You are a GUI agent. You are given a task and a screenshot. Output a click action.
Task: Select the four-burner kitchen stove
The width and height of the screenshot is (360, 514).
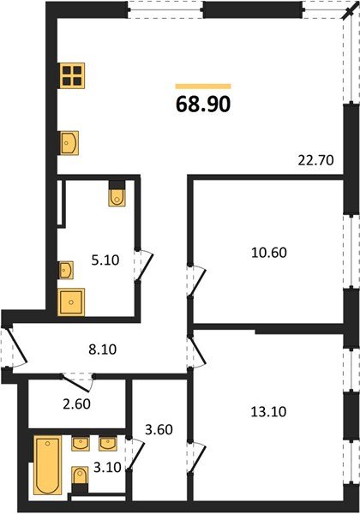click(71, 75)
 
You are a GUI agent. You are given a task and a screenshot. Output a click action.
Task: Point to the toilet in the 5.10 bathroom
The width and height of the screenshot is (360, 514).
click(117, 196)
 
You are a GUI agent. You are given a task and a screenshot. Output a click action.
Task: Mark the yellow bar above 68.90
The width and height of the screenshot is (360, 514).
click(203, 86)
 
